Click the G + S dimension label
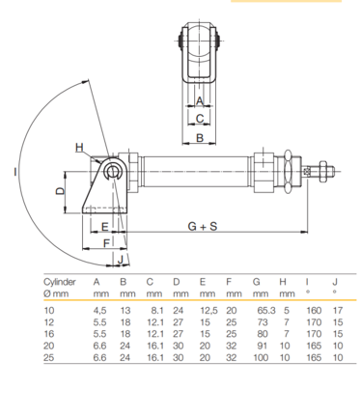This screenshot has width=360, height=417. pos(203,227)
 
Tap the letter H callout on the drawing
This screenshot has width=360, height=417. pos(79,148)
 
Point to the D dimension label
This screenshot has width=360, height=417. pos(60,191)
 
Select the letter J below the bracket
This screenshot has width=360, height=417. pos(121,259)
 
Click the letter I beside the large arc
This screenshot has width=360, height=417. pos(15,172)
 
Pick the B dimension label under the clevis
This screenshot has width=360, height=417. pos(200,138)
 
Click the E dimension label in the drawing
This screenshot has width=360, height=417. pos(105,227)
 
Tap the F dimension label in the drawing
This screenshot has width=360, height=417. pos(106,243)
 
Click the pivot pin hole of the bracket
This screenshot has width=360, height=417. pos(113,172)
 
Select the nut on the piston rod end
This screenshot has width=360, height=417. pos(322,172)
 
